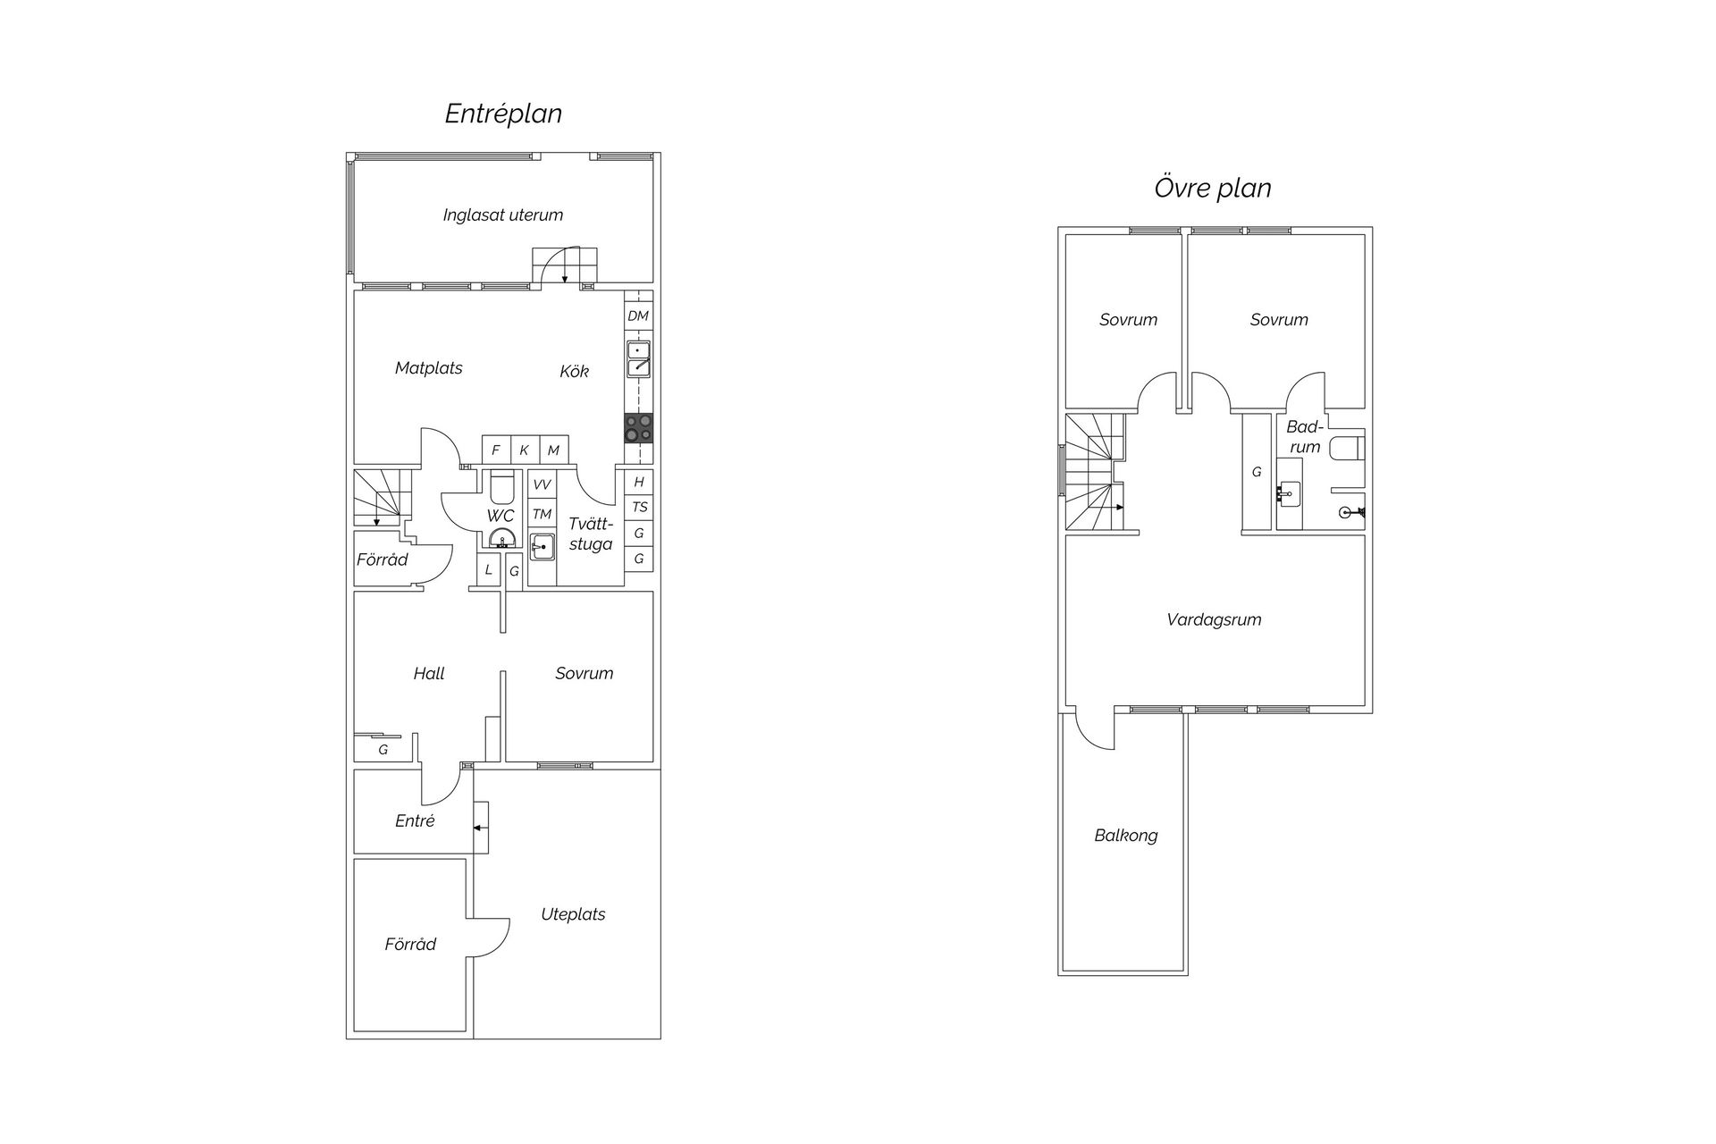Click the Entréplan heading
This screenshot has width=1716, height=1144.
(x=503, y=114)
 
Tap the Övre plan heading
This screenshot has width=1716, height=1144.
(x=1213, y=188)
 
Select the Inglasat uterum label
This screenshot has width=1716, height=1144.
(x=503, y=214)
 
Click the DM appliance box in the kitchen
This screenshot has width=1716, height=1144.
(x=638, y=315)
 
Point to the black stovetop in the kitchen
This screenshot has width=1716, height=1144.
(x=638, y=428)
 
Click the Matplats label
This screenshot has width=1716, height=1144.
(x=429, y=367)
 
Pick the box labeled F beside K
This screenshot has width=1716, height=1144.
(x=496, y=450)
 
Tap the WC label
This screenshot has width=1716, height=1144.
(x=500, y=516)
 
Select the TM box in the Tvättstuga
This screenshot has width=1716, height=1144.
(x=542, y=514)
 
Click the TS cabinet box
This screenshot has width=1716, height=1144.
(x=639, y=507)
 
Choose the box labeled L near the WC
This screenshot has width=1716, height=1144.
(x=488, y=569)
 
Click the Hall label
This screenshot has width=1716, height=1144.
(x=429, y=674)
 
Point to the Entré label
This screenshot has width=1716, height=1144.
(x=415, y=820)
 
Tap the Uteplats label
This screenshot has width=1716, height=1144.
(x=573, y=914)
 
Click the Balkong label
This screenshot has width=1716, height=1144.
(x=1126, y=836)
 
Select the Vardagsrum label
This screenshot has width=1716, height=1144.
(x=1214, y=619)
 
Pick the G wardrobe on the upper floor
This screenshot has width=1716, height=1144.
(x=1257, y=472)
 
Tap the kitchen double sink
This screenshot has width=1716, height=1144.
(x=638, y=358)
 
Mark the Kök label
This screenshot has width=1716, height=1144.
(x=575, y=371)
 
